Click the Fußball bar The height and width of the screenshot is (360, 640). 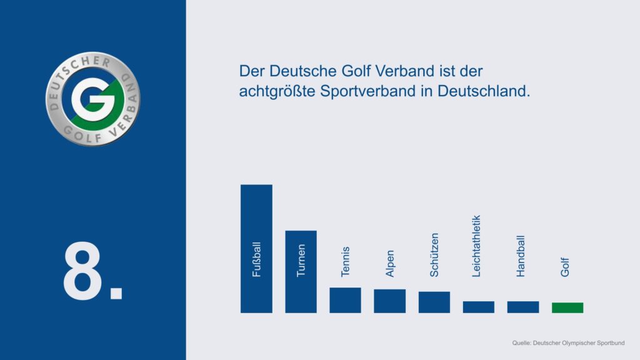[x=256, y=248]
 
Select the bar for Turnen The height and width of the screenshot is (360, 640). [x=301, y=271]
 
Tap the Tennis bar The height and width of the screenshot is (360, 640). [x=345, y=300]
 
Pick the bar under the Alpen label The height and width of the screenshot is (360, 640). [x=389, y=301]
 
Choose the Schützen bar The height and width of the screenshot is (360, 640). [x=434, y=302]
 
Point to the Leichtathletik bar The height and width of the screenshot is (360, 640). [x=478, y=307]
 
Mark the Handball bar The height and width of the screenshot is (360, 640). [x=522, y=307]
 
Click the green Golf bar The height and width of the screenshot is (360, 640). [x=567, y=307]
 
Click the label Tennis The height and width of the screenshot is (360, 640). [x=345, y=262]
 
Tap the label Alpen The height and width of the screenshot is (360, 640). [x=389, y=264]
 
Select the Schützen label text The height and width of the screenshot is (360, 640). [x=434, y=254]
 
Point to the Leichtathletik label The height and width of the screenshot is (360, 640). [x=476, y=246]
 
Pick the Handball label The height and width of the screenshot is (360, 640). [x=521, y=256]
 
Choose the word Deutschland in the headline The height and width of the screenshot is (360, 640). [x=483, y=91]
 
